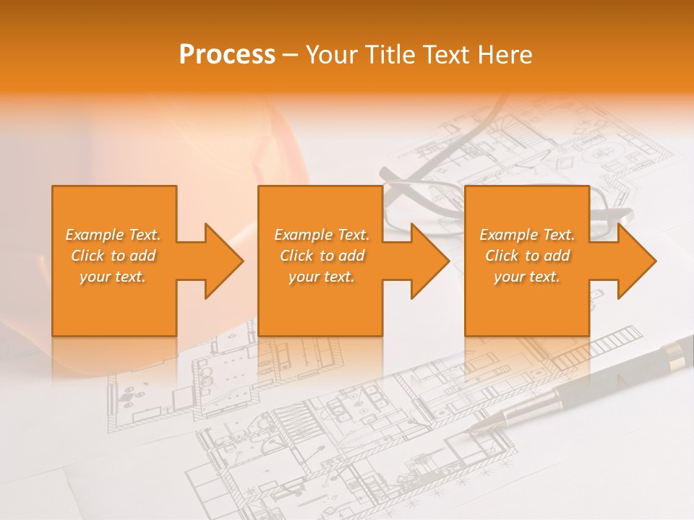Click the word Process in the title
(x=227, y=55)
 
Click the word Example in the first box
(x=95, y=235)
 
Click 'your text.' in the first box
(x=113, y=277)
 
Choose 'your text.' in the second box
(x=321, y=277)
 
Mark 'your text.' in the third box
(x=527, y=277)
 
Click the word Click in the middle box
(x=297, y=256)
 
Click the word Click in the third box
(x=502, y=256)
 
